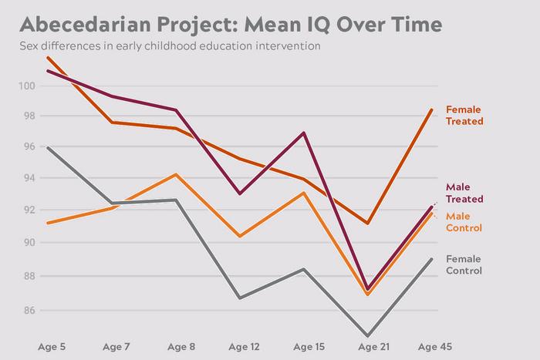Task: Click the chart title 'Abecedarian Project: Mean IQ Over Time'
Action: pyautogui.click(x=231, y=24)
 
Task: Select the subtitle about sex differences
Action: pyautogui.click(x=170, y=46)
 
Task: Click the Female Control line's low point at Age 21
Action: pyautogui.click(x=368, y=336)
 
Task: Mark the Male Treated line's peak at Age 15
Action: pyautogui.click(x=304, y=133)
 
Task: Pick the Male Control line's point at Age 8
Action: pyautogui.click(x=176, y=174)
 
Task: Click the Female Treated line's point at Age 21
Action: pyautogui.click(x=368, y=224)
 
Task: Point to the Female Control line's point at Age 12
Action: pyautogui.click(x=240, y=298)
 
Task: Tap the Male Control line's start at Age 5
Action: pyautogui.click(x=48, y=224)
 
